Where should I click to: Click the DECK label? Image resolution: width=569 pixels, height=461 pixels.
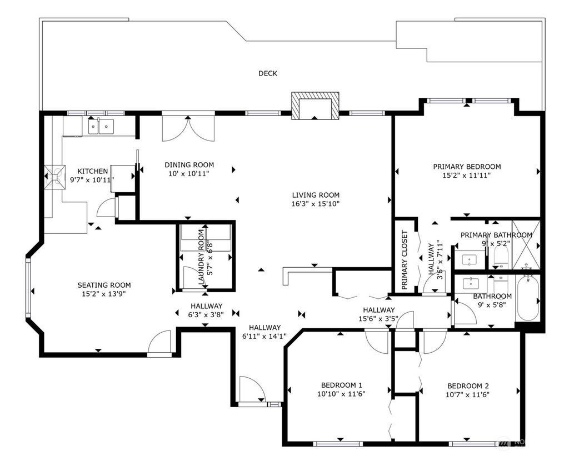coord(268,74)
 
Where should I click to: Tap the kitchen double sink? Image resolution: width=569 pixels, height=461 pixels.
coord(101,127)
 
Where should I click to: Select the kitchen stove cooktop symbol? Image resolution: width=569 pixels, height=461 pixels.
coord(55,177)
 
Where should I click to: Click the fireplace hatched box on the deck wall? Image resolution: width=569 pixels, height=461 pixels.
coord(315,106)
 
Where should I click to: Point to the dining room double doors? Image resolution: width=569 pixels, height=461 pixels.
coord(188,128)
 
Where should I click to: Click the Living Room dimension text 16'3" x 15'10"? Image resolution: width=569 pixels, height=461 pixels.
coord(316,204)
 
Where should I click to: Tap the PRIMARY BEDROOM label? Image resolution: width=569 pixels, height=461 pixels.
coord(467,167)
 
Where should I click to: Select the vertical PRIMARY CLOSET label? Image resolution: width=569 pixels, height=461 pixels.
coord(405,260)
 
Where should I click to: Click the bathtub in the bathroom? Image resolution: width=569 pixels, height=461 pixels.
coord(528,298)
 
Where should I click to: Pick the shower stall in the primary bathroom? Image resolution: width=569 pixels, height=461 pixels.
coord(526,245)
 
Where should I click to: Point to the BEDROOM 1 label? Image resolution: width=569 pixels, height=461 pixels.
coord(342,385)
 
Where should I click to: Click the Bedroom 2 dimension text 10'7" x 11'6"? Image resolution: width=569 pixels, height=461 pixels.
coord(467,394)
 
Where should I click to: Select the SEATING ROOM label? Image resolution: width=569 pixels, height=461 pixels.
coord(104,285)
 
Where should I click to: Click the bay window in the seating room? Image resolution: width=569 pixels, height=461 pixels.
coord(28,287)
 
